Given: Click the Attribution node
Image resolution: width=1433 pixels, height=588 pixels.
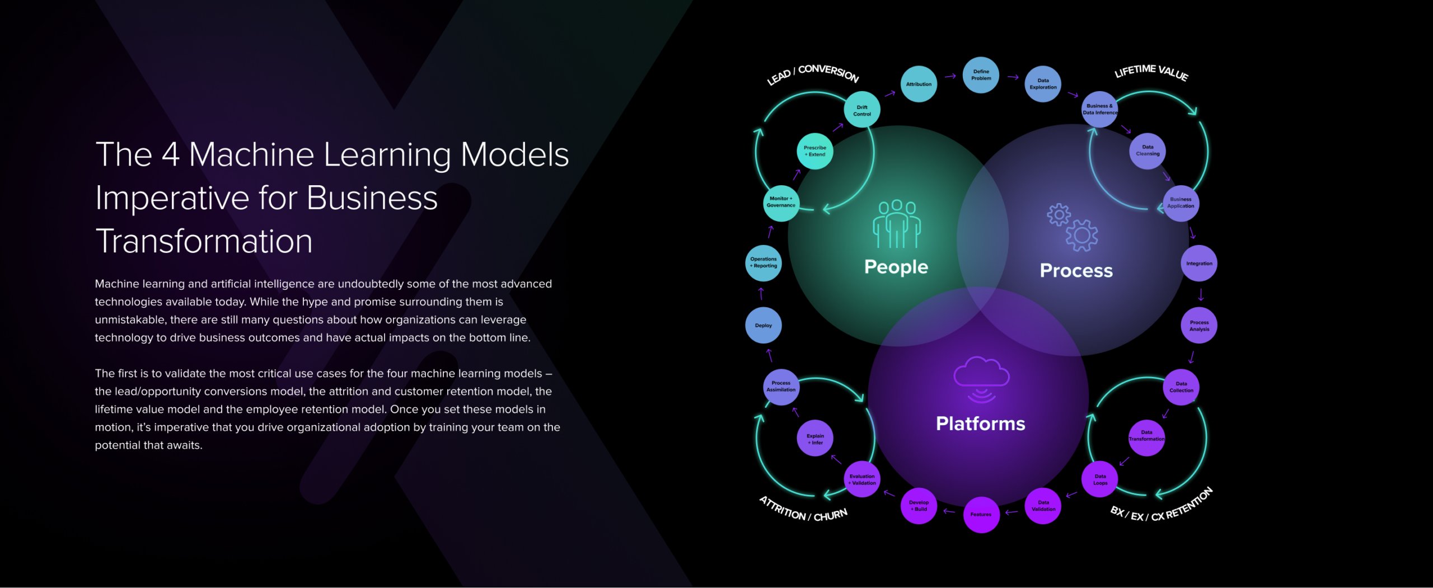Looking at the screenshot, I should (x=919, y=84).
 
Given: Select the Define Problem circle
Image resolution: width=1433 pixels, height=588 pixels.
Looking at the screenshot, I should (x=981, y=75).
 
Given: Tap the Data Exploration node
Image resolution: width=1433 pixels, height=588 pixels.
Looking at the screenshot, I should (x=1043, y=84).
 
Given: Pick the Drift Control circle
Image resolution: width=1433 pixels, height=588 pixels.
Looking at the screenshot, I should (x=861, y=110).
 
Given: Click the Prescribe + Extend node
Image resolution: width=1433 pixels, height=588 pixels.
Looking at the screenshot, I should (x=814, y=151).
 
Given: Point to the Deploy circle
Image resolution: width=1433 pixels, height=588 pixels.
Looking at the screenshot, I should (x=763, y=325).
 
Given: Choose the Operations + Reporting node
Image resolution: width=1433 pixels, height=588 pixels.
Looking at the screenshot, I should (x=764, y=262).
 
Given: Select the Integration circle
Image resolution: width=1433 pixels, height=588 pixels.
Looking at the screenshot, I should (x=1199, y=264).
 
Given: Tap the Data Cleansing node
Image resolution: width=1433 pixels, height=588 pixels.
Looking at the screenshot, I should (x=1148, y=150).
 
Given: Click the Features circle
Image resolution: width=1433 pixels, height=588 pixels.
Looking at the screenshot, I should (x=981, y=514).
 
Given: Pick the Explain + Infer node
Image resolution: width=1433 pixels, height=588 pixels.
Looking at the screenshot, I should (x=814, y=439).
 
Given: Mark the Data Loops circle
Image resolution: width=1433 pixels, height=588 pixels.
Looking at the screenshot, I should (x=1100, y=479).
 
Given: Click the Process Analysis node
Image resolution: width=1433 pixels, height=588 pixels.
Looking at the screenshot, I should (x=1199, y=326).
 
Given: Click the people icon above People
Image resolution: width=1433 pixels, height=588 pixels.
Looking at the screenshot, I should (x=896, y=224).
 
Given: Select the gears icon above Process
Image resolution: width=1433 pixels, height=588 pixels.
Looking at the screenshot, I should (x=1072, y=227).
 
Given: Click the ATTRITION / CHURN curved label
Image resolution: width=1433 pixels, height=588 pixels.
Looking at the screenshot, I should (x=803, y=510).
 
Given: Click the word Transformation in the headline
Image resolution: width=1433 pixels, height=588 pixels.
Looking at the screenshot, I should (x=204, y=241).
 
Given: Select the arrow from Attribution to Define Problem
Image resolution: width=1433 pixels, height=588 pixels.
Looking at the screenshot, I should (x=950, y=76).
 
